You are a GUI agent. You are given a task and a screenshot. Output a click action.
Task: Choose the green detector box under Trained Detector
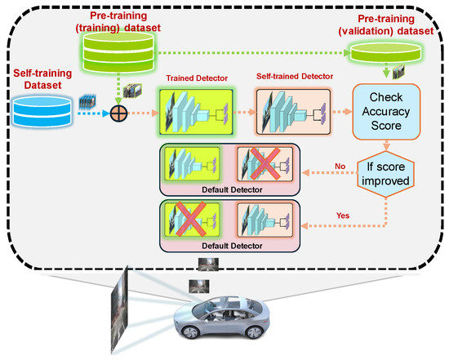pos(197,113)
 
